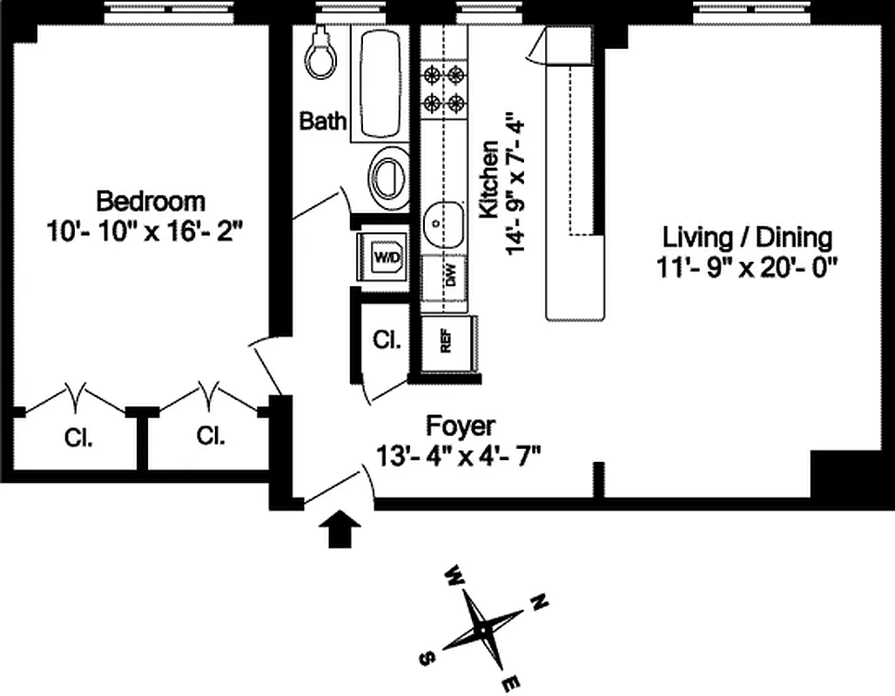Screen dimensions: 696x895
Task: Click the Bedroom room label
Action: (151, 201)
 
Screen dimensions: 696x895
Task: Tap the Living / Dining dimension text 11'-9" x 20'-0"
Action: (747, 266)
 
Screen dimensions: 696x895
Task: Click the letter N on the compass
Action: (539, 600)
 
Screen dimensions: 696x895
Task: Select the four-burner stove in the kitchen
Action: (442, 88)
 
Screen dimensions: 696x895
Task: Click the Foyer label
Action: (460, 426)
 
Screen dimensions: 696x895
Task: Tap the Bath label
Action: (323, 121)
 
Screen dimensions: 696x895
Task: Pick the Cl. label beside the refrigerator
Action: (387, 339)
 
